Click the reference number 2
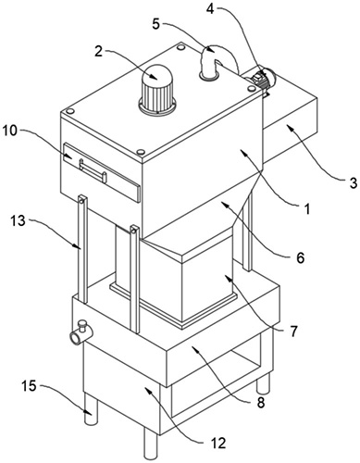(x=98, y=51)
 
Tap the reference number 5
(x=156, y=24)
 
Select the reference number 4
(x=210, y=8)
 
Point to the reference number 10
(x=11, y=131)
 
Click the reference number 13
(x=19, y=221)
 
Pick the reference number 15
(x=30, y=386)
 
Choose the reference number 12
(x=218, y=444)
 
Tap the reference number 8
(x=261, y=402)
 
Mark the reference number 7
(x=292, y=332)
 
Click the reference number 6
(x=301, y=257)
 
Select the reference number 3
(x=353, y=182)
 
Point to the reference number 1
(x=307, y=210)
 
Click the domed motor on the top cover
(x=158, y=89)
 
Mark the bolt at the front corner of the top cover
(x=141, y=152)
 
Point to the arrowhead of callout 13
(x=79, y=246)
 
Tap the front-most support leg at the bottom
(x=151, y=444)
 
